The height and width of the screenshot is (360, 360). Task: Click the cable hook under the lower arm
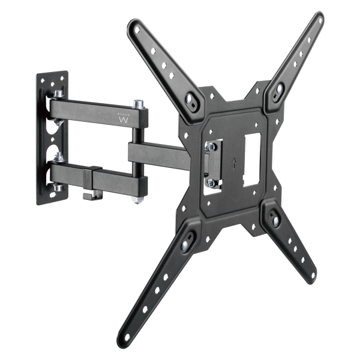pyautogui.click(x=90, y=194)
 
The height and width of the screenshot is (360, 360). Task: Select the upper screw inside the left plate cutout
pyautogui.click(x=211, y=146)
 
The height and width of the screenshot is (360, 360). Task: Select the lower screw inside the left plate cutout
pyautogui.click(x=211, y=182)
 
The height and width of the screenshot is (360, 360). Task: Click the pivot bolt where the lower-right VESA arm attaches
pyautogui.click(x=275, y=221)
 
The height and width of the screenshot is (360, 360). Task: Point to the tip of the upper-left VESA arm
pyautogui.click(x=133, y=25)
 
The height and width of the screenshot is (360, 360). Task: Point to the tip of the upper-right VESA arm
pyautogui.click(x=318, y=18)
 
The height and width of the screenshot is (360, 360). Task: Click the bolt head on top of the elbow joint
pyautogui.click(x=138, y=104)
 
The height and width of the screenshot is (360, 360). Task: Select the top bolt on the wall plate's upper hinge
pyautogui.click(x=59, y=95)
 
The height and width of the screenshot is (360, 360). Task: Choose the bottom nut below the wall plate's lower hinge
pyautogui.click(x=59, y=188)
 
